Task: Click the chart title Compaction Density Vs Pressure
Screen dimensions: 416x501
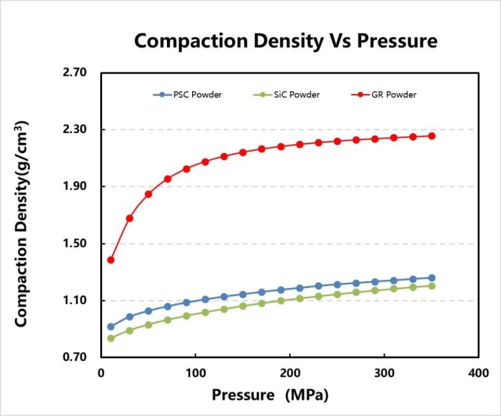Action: (x=285, y=41)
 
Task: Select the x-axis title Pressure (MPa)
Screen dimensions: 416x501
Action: (x=270, y=395)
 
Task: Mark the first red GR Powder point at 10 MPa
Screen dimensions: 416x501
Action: (x=110, y=260)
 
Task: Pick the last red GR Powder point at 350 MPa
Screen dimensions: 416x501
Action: (x=432, y=136)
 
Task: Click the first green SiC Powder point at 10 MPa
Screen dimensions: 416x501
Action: (x=110, y=338)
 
